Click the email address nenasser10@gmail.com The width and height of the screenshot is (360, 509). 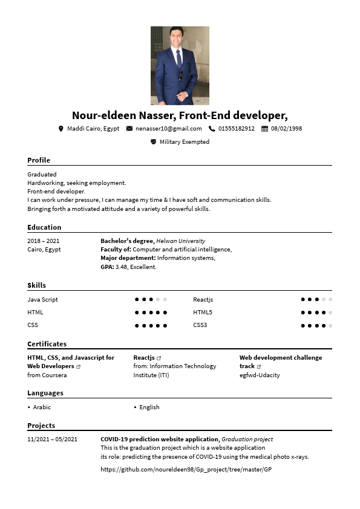click(168, 129)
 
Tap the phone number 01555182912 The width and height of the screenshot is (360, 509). click(236, 129)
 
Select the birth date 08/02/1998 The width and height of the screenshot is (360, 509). click(286, 129)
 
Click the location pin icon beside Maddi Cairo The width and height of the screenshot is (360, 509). click(61, 129)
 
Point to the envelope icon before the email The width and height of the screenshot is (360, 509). click(129, 129)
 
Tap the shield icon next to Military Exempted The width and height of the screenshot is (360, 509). click(153, 142)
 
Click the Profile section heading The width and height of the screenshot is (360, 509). click(39, 160)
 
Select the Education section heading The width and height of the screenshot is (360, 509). click(44, 227)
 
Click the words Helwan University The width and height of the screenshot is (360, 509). click(180, 241)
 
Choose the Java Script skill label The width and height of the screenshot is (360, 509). click(42, 300)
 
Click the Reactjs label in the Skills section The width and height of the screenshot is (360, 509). click(203, 300)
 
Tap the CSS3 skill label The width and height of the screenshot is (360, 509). click(200, 325)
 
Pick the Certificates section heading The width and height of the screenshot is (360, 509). click(47, 344)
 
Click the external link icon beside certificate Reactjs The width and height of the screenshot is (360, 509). click(159, 358)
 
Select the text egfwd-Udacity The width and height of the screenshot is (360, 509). click(260, 375)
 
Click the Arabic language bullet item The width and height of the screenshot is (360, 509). click(42, 407)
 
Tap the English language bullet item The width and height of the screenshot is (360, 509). click(149, 407)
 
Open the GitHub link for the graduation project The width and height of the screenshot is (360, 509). click(186, 469)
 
